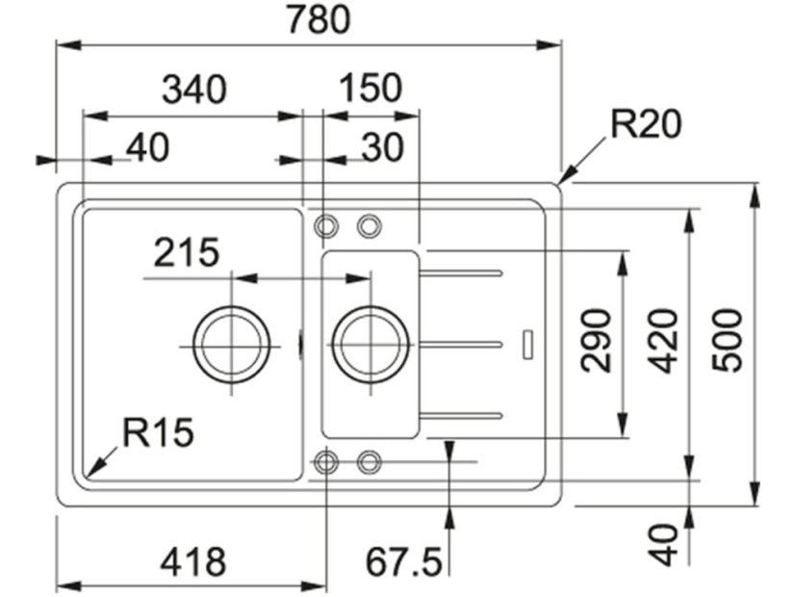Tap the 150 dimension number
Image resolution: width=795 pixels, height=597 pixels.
click(371, 89)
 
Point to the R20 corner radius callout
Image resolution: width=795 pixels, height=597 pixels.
click(645, 124)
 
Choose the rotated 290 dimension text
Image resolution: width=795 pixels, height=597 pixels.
click(597, 339)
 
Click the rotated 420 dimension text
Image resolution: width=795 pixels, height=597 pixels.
click(662, 339)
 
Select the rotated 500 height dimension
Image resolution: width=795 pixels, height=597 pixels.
click(727, 339)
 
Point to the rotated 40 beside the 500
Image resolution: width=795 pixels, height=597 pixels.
click(663, 543)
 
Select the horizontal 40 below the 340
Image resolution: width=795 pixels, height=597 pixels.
click(147, 147)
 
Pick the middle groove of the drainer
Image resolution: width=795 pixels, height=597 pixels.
click(462, 344)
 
